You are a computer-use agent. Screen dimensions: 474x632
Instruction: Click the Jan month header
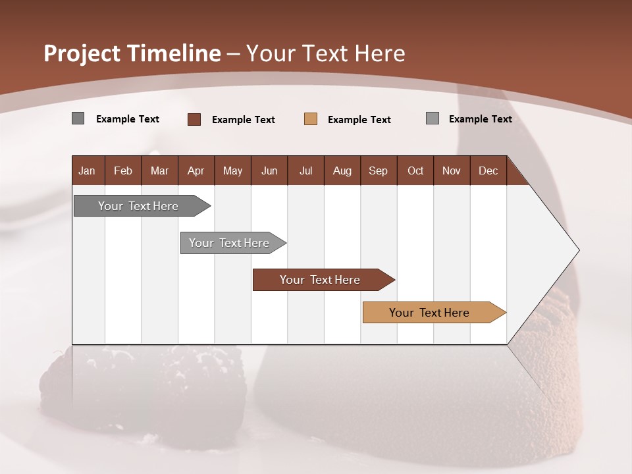[88, 171]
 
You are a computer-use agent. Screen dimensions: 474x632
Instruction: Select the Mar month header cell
[159, 171]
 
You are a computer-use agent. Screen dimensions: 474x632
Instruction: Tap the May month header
[232, 171]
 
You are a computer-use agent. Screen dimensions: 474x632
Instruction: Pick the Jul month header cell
[305, 171]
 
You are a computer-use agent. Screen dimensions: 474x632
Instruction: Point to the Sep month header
[378, 171]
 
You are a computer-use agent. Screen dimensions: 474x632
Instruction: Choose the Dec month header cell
[488, 171]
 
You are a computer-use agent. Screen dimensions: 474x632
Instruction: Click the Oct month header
[415, 171]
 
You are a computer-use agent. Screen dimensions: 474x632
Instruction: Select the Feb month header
[123, 171]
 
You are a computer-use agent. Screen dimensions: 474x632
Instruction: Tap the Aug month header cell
[342, 171]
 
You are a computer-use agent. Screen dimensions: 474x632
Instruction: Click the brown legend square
[194, 119]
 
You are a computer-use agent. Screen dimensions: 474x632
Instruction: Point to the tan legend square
[311, 119]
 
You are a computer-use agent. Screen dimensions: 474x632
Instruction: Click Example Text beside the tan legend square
[359, 120]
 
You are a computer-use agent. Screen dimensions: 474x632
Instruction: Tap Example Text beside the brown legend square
[243, 120]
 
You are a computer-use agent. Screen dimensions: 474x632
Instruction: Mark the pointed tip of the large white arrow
[578, 250]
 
